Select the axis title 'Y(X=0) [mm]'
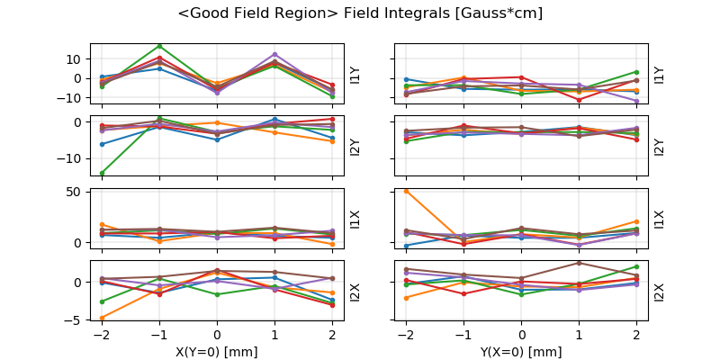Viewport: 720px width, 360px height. [x=522, y=352]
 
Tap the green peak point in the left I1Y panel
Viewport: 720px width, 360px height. [x=159, y=46]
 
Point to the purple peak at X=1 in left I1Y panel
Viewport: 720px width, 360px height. [x=274, y=55]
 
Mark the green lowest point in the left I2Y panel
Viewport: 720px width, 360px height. [x=102, y=173]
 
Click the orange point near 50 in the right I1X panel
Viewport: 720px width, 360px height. [x=407, y=191]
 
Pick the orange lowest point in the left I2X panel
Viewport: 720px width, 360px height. [x=102, y=317]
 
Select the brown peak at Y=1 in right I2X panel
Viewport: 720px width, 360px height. [x=580, y=263]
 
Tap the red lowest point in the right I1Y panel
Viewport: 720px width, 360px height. [x=580, y=100]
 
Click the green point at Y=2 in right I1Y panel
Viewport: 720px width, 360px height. [x=637, y=72]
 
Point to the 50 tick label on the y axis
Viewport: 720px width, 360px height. [x=76, y=192]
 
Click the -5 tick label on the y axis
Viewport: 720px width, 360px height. [x=76, y=319]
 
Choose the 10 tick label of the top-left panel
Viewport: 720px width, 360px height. [x=76, y=58]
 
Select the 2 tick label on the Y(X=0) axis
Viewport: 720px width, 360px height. [x=637, y=336]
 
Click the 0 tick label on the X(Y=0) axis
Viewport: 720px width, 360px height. [x=217, y=336]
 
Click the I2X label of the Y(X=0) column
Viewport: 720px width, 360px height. [x=659, y=292]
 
